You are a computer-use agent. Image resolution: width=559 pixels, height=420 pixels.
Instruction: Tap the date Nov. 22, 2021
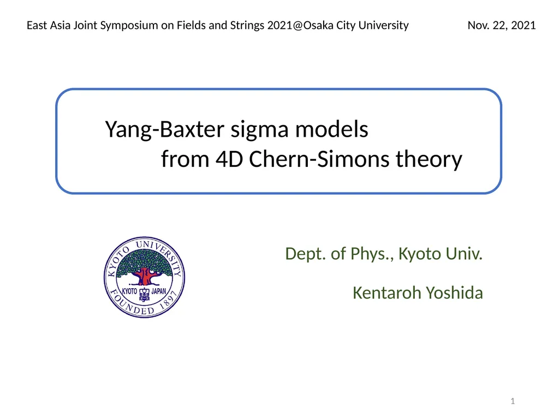point(502,25)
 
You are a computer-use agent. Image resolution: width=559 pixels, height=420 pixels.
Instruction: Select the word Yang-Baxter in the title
point(164,130)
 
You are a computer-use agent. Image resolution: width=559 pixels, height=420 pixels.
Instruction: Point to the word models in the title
point(331,129)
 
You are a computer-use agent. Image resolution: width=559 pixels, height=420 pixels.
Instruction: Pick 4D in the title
point(229,159)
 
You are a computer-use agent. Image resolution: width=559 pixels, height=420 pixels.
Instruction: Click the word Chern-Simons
point(319,159)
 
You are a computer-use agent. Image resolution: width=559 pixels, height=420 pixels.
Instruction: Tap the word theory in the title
point(429,159)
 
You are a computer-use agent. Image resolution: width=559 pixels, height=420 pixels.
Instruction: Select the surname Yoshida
point(454,293)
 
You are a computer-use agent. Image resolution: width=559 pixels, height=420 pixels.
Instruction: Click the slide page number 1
point(513,401)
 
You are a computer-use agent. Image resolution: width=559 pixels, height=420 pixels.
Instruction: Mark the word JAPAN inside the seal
point(159,291)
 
